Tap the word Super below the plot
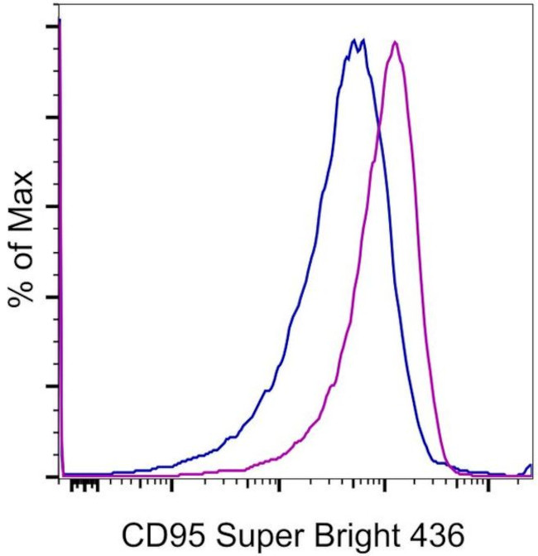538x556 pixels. click(246, 532)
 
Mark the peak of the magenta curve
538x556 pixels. click(396, 41)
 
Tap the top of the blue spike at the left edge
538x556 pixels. click(60, 21)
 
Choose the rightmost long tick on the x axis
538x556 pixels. click(489, 483)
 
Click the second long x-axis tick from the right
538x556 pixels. click(384, 483)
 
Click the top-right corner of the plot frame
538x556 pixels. click(531, 4)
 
